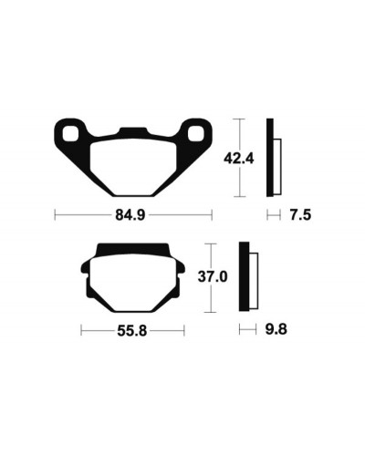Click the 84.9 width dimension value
click(130, 215)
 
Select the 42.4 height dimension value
click(238, 159)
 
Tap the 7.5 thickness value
click(300, 215)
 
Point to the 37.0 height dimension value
click(213, 277)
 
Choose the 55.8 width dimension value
click(132, 331)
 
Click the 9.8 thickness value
click(276, 329)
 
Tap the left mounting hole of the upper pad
click(70, 134)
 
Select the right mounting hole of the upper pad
click(195, 134)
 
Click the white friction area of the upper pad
click(134, 167)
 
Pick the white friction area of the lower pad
click(133, 283)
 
